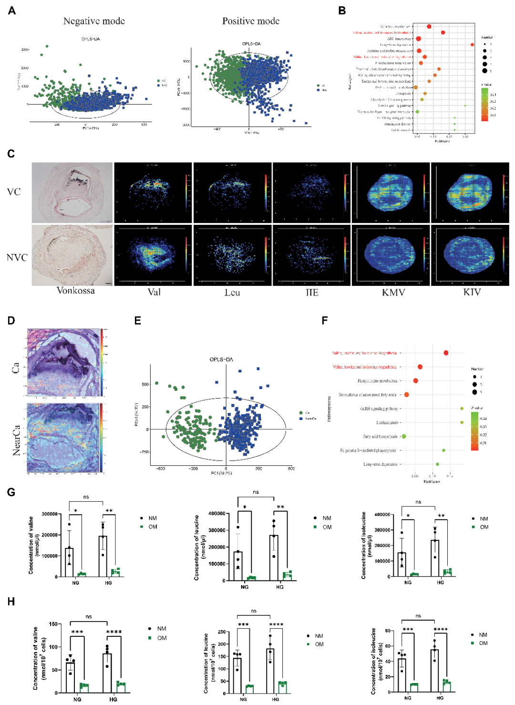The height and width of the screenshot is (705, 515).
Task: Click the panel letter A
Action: (12, 11)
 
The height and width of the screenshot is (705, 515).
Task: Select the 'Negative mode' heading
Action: (94, 21)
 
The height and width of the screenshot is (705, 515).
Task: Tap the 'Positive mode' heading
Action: (251, 21)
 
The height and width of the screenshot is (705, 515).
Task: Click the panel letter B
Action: (342, 11)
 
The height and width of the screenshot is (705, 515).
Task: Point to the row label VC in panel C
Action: (14, 192)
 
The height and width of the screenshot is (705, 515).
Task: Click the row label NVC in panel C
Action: (17, 257)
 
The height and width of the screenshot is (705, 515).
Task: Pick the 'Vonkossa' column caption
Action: (75, 291)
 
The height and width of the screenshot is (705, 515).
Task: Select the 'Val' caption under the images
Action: (154, 292)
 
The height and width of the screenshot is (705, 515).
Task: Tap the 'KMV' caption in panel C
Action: (393, 292)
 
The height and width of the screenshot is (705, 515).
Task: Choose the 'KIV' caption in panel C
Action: (472, 292)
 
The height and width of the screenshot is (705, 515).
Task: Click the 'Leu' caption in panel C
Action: (232, 292)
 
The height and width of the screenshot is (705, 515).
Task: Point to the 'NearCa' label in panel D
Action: (17, 440)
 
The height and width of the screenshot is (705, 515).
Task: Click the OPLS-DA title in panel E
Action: (221, 359)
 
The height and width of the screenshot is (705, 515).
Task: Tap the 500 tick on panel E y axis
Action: (145, 384)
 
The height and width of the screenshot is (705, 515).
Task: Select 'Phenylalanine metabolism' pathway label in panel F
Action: (377, 381)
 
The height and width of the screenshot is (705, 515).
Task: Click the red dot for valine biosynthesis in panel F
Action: (446, 353)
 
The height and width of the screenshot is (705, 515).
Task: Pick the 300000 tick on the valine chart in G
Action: (50, 514)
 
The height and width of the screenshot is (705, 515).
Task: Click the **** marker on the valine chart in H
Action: (114, 632)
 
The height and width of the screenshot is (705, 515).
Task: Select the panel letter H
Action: (11, 601)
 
